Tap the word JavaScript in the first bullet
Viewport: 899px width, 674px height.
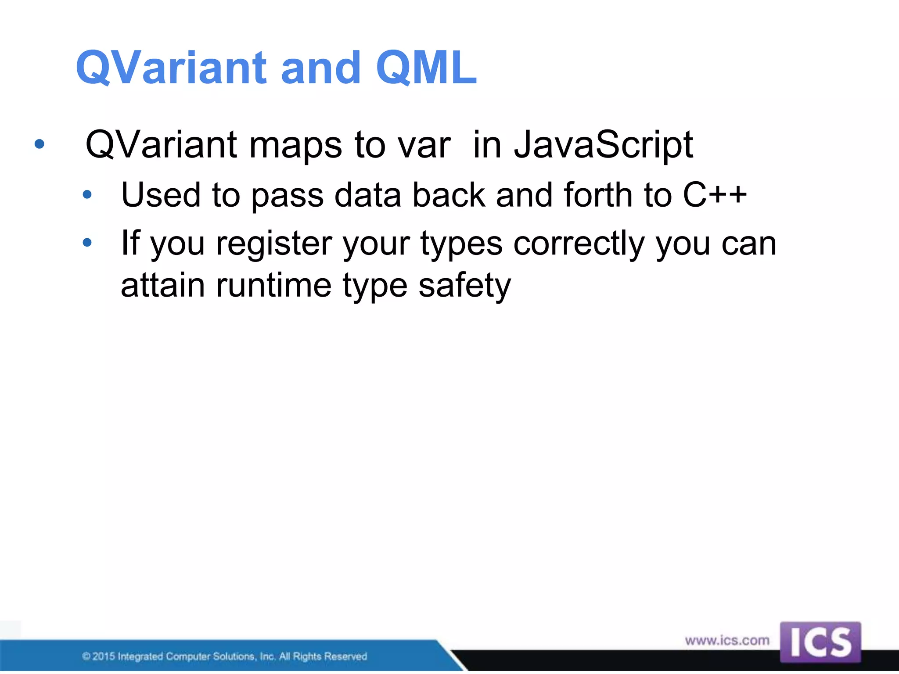[604, 145]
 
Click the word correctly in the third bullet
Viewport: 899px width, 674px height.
[579, 244]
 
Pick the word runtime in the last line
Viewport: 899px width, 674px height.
[273, 286]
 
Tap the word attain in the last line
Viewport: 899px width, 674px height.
[163, 286]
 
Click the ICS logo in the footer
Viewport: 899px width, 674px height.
[820, 642]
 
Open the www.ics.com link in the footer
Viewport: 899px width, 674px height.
[727, 641]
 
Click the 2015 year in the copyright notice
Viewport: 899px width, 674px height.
[104, 656]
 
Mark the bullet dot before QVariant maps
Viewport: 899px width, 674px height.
[40, 144]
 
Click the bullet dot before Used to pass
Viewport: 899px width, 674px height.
[87, 194]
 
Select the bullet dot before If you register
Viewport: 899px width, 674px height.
[87, 242]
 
